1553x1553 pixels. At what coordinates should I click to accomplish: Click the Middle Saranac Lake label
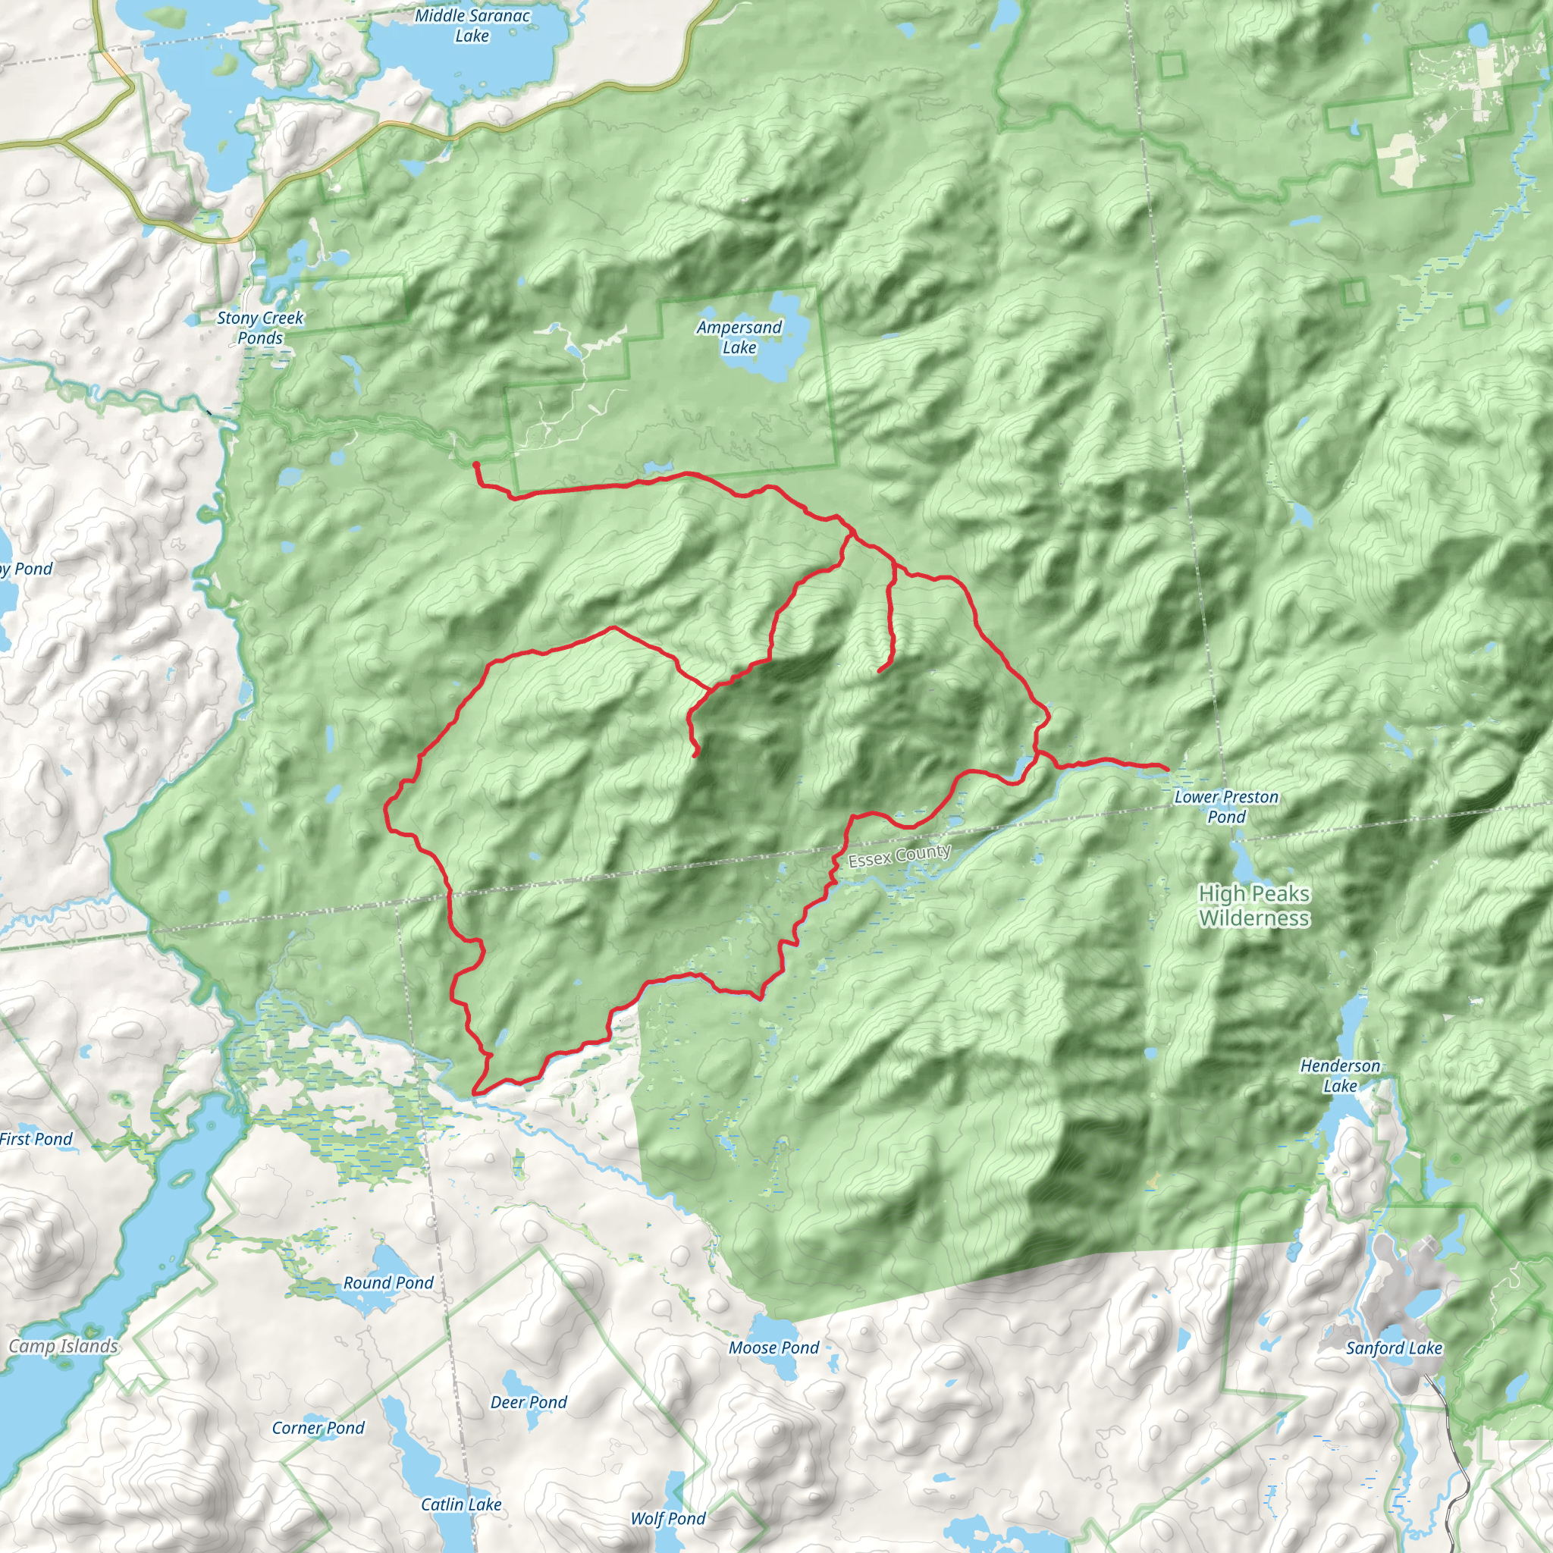click(x=472, y=26)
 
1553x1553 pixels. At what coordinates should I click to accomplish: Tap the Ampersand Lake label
click(x=739, y=337)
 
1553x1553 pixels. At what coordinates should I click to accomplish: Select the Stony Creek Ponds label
click(x=259, y=327)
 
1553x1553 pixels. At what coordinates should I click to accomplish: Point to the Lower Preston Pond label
click(x=1226, y=806)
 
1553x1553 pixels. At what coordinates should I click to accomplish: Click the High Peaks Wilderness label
click(x=1254, y=905)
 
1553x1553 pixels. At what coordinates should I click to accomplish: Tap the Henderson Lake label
click(x=1340, y=1075)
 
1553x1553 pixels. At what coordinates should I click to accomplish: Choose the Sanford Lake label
click(x=1394, y=1348)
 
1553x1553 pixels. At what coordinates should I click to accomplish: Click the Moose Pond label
click(x=773, y=1348)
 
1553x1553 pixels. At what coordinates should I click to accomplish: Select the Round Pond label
click(x=388, y=1283)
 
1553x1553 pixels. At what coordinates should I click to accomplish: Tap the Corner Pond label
click(x=318, y=1429)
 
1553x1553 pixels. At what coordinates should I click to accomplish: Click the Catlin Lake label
click(x=460, y=1504)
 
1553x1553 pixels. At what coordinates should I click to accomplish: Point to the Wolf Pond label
click(x=667, y=1518)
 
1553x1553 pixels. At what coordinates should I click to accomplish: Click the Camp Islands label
click(x=63, y=1347)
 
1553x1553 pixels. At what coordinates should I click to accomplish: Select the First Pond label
click(x=36, y=1139)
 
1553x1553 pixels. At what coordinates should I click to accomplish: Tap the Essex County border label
click(x=899, y=855)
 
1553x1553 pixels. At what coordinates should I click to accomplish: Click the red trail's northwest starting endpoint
click(x=476, y=465)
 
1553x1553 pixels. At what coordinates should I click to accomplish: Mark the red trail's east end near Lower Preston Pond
click(x=1166, y=768)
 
